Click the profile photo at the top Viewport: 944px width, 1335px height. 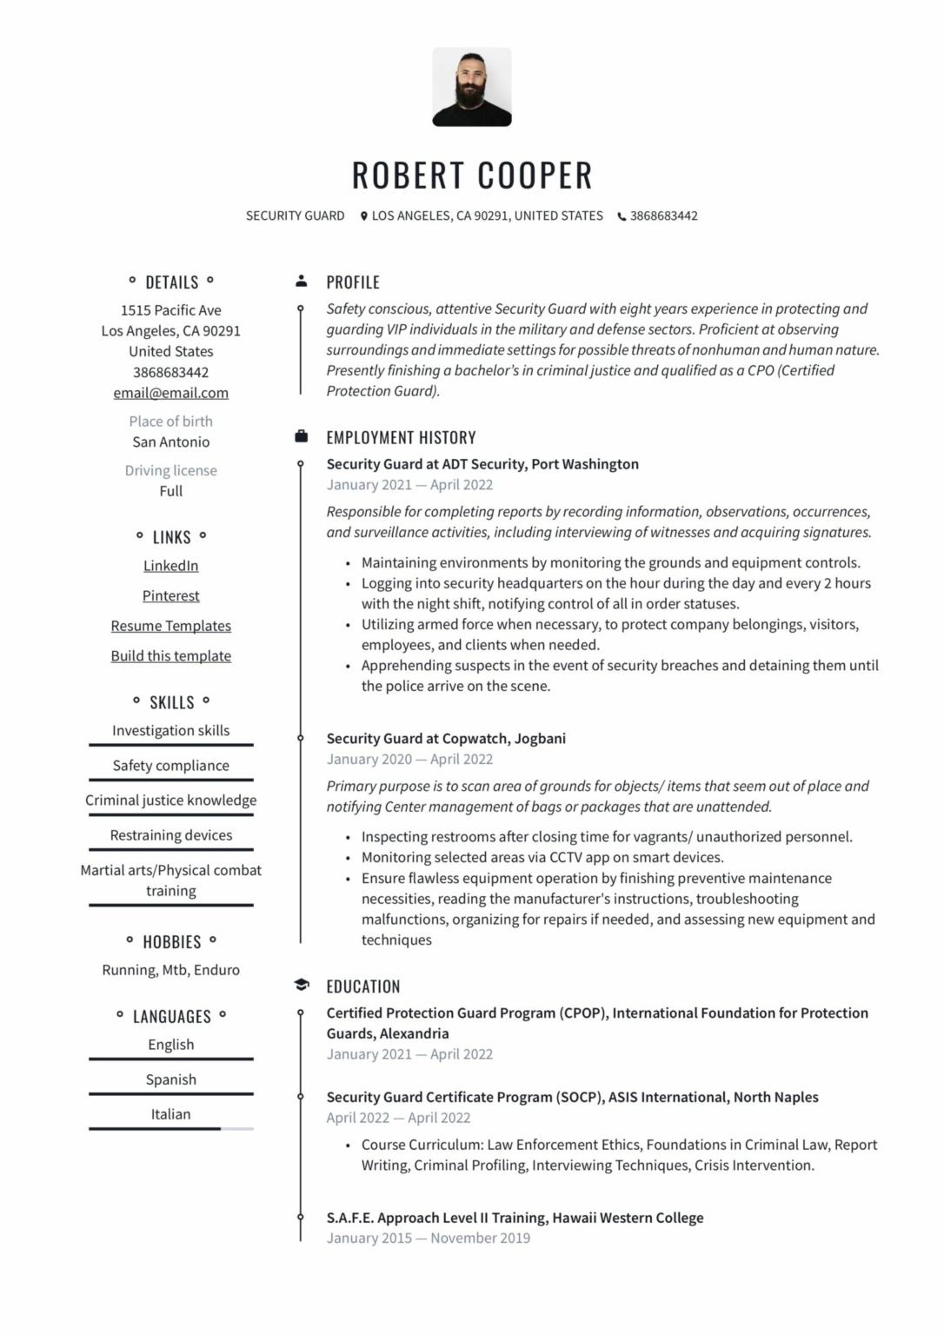pos(471,87)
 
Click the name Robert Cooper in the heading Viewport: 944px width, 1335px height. pos(471,176)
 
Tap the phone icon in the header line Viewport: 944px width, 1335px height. pos(622,216)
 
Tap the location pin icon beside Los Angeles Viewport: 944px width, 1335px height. pos(364,216)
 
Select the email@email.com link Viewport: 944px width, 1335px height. pos(170,393)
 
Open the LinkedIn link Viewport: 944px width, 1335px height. pos(170,566)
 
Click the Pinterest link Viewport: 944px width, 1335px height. pos(170,596)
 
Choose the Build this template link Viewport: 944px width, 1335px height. pos(170,656)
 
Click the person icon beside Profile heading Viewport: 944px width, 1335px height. pos(301,281)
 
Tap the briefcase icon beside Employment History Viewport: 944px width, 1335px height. pos(301,436)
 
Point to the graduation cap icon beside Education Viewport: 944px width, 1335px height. pos(301,985)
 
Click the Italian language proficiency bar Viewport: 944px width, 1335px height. pos(170,1128)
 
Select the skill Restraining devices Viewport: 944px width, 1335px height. pos(170,835)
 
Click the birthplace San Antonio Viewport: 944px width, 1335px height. pos(170,442)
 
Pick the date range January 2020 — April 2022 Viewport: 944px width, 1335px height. pos(409,759)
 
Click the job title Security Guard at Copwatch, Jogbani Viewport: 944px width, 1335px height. pos(445,738)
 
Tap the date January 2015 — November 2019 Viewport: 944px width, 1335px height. pos(428,1238)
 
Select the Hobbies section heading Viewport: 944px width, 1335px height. pos(171,942)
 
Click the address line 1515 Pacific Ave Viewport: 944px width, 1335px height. pos(170,310)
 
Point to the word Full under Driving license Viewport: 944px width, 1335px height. pos(170,491)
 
